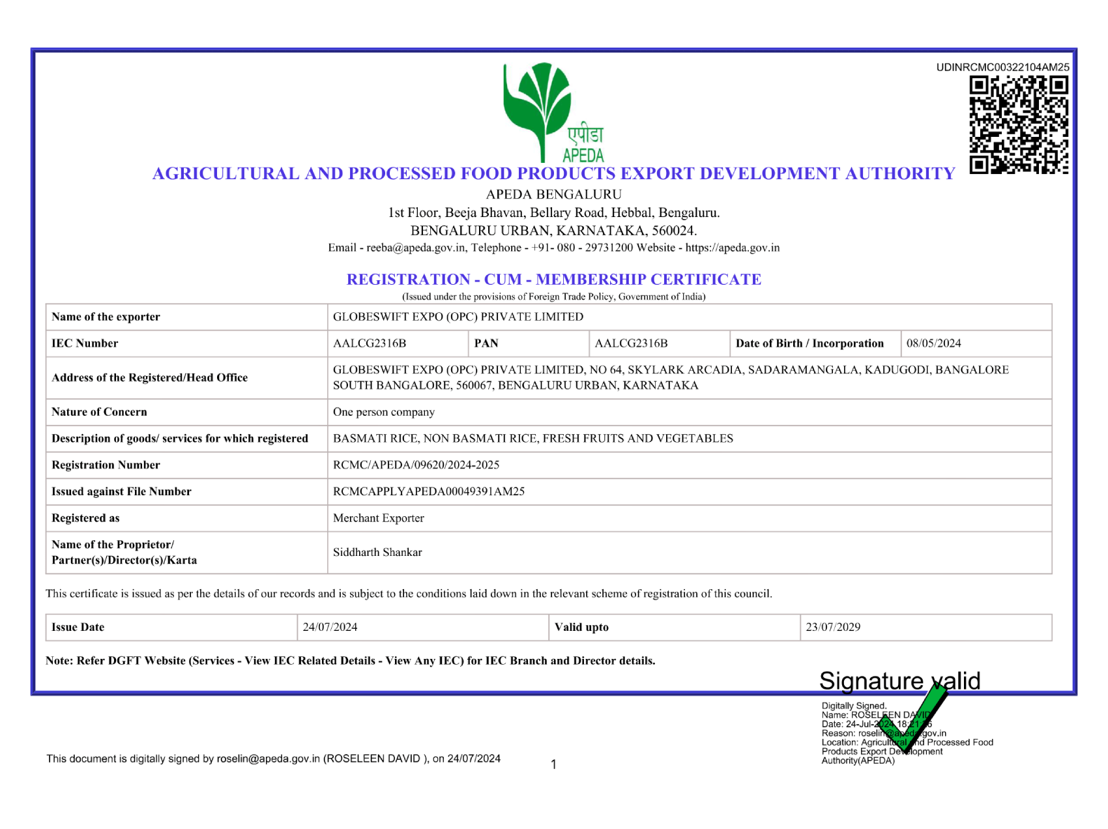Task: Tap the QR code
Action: (x=1019, y=125)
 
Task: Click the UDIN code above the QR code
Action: (x=1002, y=67)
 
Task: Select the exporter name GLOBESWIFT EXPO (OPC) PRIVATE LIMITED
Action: (x=458, y=317)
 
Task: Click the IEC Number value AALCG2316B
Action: (x=370, y=343)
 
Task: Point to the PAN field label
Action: (x=486, y=343)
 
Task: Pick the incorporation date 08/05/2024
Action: (x=933, y=343)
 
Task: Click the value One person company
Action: (x=384, y=412)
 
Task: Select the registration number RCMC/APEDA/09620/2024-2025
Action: (x=416, y=465)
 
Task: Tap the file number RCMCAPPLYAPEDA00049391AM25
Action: (x=429, y=491)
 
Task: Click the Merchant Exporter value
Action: (x=379, y=518)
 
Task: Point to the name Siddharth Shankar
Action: (x=377, y=552)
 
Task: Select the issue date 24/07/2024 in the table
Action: (x=330, y=627)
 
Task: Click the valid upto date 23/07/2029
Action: (x=833, y=627)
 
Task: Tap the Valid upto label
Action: (x=581, y=627)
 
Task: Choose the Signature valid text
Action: (x=899, y=680)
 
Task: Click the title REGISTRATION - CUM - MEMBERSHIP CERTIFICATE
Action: (x=554, y=280)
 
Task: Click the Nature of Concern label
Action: (x=100, y=412)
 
